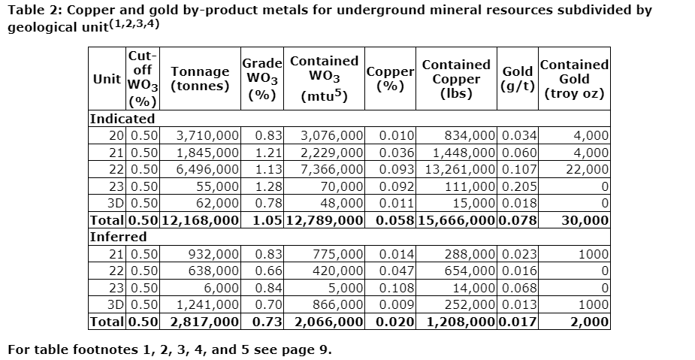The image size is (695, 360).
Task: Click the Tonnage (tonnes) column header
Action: pyautogui.click(x=200, y=78)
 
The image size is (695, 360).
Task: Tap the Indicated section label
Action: pyautogui.click(x=122, y=119)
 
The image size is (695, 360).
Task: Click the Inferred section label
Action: pyautogui.click(x=119, y=237)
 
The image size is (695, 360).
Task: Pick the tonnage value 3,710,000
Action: pyautogui.click(x=207, y=136)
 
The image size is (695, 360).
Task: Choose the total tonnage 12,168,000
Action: pyautogui.click(x=199, y=220)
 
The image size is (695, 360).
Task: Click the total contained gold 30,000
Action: pyautogui.click(x=585, y=220)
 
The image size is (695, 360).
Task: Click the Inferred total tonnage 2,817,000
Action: pyautogui.click(x=204, y=322)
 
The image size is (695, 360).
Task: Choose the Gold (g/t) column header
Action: pyautogui.click(x=518, y=79)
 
